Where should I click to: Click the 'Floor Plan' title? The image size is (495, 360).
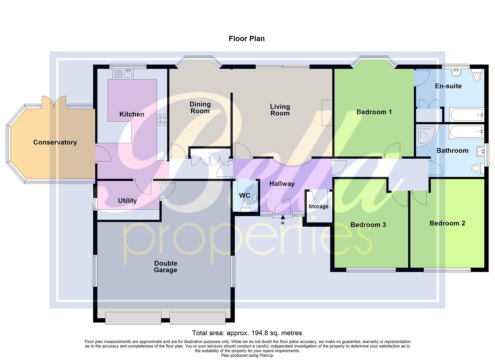point(246,38)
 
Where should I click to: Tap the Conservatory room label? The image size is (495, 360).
point(55,142)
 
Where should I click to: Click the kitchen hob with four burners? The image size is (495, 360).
point(162,120)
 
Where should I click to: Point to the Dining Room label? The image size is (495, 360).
point(200,108)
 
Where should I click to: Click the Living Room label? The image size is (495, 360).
point(280,110)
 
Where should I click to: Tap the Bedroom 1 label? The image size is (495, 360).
point(374,112)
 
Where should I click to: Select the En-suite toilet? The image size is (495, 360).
point(477,76)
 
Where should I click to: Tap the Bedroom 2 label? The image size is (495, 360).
point(447,223)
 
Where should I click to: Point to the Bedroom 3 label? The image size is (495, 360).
point(368,225)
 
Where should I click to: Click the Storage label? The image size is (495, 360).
point(318,206)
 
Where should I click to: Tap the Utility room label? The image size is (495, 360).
point(127,201)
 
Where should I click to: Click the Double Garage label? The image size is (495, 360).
point(165,267)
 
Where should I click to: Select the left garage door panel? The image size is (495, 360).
point(133,318)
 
